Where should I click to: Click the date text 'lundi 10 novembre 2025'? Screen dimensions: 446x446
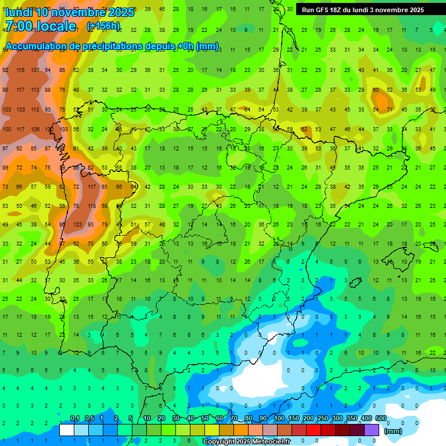pos(70,12)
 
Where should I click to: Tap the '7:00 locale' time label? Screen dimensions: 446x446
pos(41,26)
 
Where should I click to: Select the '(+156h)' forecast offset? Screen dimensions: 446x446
pos(103,26)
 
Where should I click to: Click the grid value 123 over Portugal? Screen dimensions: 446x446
pos(77,224)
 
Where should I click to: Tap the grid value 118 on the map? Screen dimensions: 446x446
pos(91,206)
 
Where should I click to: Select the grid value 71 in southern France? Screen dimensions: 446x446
pos(390,109)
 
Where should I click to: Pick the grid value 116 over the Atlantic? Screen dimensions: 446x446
pos(20,70)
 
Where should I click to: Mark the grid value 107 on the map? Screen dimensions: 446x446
pos(35,70)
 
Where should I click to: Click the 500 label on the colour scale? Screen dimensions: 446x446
pos(380,419)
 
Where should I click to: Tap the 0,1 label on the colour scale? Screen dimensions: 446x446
pos(75,419)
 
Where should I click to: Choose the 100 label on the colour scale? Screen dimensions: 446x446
pos(279,419)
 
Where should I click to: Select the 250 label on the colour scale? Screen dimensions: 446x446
pos(322,419)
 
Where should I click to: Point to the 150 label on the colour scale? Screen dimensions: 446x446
pos(293,419)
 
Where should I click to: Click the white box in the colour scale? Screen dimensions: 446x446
pos(67,430)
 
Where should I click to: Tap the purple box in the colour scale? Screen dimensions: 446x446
pos(372,430)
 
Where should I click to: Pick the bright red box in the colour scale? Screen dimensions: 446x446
pos(314,430)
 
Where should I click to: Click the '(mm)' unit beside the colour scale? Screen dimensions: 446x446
pos(393,431)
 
